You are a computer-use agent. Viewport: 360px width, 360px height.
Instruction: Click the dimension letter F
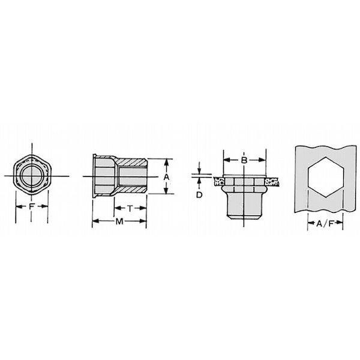(31, 206)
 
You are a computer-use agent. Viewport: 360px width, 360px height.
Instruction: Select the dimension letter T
(130, 208)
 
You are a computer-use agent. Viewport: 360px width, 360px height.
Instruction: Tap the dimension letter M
(119, 221)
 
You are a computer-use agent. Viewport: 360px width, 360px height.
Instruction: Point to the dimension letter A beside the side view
(167, 177)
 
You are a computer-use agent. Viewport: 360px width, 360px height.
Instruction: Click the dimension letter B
(244, 160)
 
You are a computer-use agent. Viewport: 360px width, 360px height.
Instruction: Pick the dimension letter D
(199, 194)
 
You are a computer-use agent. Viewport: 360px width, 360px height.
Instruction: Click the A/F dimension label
(325, 223)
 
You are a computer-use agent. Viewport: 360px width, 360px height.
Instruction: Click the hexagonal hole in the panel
(326, 177)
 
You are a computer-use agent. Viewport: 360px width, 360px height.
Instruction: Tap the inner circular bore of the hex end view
(32, 176)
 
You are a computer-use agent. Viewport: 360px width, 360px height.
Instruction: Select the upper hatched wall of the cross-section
(132, 163)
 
